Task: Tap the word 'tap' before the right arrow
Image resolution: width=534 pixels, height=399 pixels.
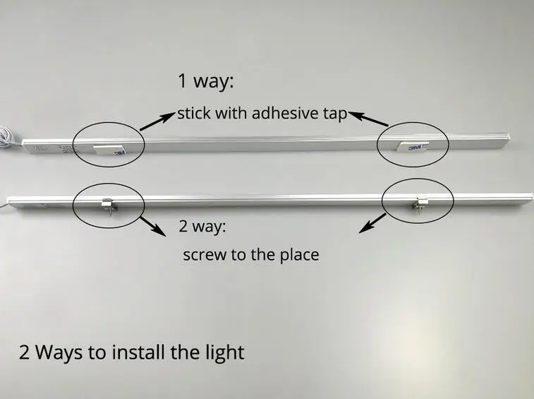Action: [x=335, y=114]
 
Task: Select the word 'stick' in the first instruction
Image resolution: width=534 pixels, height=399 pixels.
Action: [x=194, y=113]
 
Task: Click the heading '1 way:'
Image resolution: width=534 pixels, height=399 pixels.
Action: [x=206, y=81]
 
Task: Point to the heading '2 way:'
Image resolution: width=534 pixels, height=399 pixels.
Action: [x=202, y=226]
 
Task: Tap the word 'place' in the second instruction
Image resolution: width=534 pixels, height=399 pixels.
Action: [x=299, y=255]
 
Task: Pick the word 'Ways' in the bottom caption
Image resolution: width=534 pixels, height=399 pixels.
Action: [x=59, y=352]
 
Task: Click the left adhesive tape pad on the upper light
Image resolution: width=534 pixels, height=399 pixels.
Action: [x=109, y=150]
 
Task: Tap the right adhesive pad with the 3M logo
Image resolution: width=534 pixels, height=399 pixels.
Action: [x=413, y=145]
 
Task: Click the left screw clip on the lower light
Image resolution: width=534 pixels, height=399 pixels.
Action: [x=109, y=206]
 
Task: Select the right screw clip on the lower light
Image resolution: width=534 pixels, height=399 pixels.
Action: [x=419, y=205]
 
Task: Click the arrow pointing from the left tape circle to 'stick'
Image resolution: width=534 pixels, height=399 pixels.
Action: [x=157, y=121]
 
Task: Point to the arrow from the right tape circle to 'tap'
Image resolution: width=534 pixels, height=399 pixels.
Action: [x=368, y=119]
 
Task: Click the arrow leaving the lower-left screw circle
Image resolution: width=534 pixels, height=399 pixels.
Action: [x=153, y=226]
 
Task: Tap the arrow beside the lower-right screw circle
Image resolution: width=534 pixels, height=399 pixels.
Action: [x=372, y=223]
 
